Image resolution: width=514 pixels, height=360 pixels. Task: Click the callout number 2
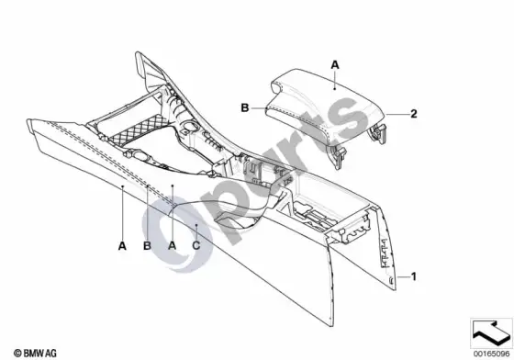414,114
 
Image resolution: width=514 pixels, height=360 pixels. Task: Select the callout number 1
414,276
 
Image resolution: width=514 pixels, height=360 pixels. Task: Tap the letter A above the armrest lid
335,65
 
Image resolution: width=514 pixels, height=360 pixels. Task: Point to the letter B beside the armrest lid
245,107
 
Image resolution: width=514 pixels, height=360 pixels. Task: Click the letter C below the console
196,245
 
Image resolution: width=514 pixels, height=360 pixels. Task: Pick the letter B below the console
147,245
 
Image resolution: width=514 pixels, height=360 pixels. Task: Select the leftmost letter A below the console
122,245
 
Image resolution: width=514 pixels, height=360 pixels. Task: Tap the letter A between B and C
173,245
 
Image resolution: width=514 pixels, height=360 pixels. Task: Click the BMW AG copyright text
35,354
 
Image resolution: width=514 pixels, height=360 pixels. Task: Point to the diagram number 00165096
491,354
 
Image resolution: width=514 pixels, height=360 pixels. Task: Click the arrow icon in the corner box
491,332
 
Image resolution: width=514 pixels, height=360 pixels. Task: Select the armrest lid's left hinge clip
337,155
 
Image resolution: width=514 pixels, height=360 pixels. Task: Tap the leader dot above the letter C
196,225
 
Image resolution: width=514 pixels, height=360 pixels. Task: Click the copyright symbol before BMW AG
17,354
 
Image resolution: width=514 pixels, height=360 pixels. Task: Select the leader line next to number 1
404,277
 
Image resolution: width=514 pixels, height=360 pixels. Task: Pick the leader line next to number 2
397,114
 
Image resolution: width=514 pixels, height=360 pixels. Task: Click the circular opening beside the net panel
189,125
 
